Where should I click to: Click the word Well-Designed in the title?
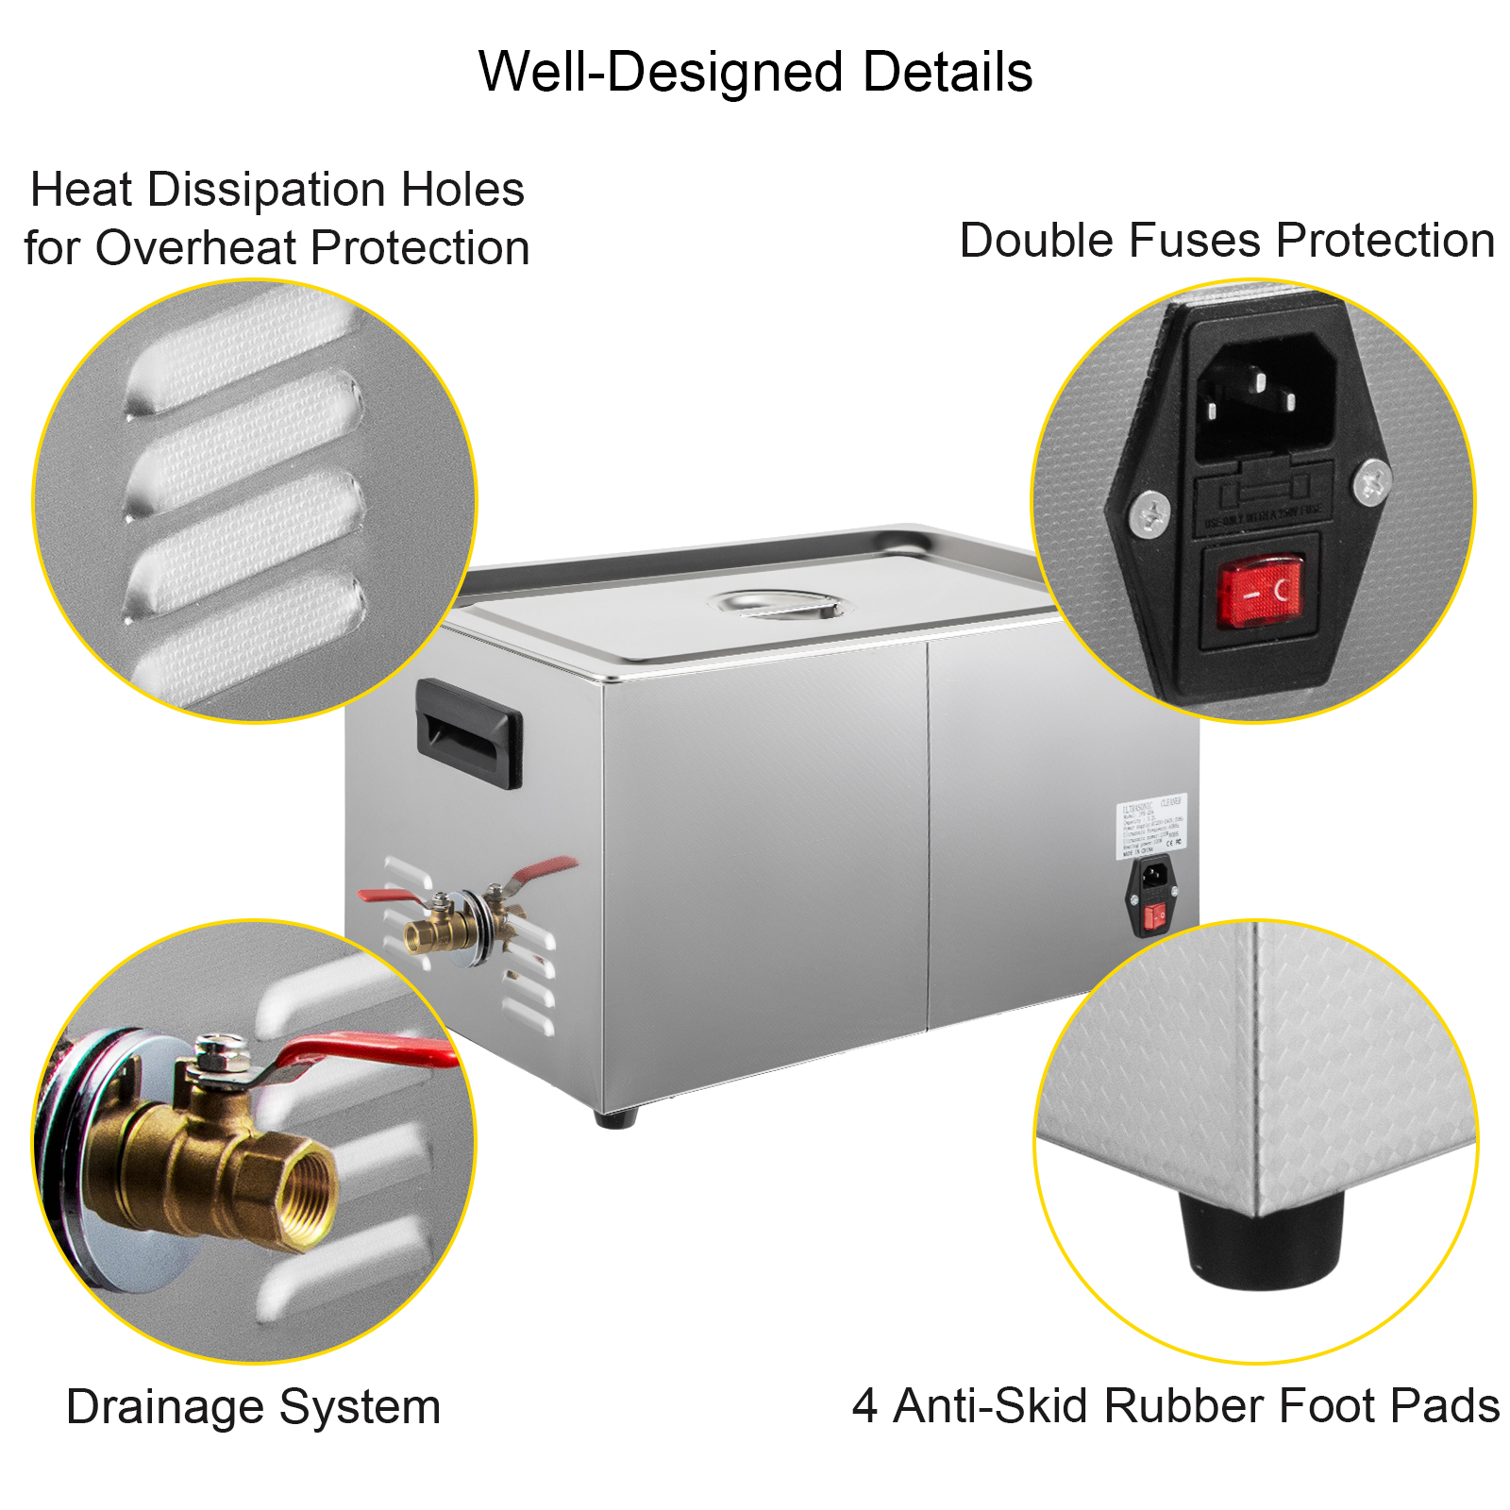[x=661, y=73]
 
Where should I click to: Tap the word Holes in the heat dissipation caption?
[x=462, y=190]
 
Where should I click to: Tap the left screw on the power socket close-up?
[x=1149, y=513]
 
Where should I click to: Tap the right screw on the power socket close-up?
[x=1370, y=484]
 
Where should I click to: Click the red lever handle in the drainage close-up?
[x=368, y=1050]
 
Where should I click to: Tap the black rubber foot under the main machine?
[x=616, y=1118]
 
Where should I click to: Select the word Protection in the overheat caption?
[x=419, y=248]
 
